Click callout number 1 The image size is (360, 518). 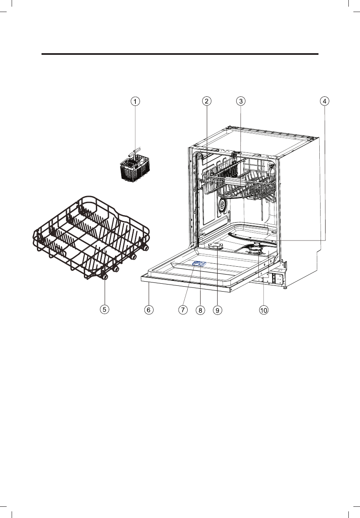pyautogui.click(x=135, y=101)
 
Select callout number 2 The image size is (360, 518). pyautogui.click(x=206, y=101)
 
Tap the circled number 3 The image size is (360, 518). pyautogui.click(x=241, y=101)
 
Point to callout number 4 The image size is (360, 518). pyautogui.click(x=325, y=101)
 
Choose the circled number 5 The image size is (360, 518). pyautogui.click(x=105, y=309)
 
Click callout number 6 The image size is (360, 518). pyautogui.click(x=149, y=309)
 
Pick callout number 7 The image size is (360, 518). pyautogui.click(x=183, y=309)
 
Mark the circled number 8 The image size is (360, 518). pyautogui.click(x=200, y=310)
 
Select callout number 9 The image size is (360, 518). pyautogui.click(x=217, y=310)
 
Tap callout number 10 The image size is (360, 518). pyautogui.click(x=264, y=310)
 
